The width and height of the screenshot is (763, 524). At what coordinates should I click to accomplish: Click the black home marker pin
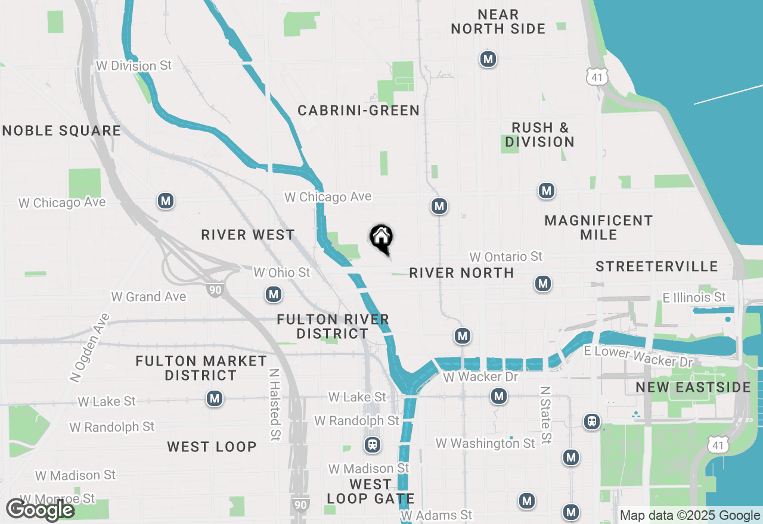coord(381,239)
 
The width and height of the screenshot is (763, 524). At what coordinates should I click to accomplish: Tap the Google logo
coord(40,510)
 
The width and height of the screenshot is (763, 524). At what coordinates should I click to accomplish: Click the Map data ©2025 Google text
coord(690,516)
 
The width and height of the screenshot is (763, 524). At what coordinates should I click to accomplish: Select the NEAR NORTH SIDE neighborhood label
coord(498,21)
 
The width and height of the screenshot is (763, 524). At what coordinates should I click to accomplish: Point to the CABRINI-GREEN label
coord(359,110)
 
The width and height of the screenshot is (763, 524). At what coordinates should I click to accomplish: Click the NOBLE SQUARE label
coord(61,130)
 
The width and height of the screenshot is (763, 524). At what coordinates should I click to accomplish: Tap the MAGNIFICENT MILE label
coord(599,227)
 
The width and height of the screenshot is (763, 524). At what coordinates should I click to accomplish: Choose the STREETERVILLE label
coord(657,266)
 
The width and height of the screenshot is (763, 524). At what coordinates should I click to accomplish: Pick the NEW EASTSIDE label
coord(693,388)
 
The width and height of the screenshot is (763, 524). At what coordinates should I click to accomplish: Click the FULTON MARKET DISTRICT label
coord(201,368)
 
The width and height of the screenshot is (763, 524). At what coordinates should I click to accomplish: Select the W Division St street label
coord(134,65)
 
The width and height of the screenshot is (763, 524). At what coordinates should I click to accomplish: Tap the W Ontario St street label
coord(506,257)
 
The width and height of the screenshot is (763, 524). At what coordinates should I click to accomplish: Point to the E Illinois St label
coord(694,297)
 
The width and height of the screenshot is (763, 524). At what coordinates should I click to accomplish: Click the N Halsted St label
coord(274,405)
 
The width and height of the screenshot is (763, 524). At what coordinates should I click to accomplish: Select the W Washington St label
coord(485,443)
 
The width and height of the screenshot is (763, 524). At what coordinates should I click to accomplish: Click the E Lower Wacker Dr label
coord(638,357)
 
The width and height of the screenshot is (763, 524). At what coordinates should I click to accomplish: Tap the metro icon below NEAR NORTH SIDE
coord(488,59)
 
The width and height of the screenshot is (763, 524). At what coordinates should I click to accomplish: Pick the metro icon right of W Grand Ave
coord(274,294)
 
